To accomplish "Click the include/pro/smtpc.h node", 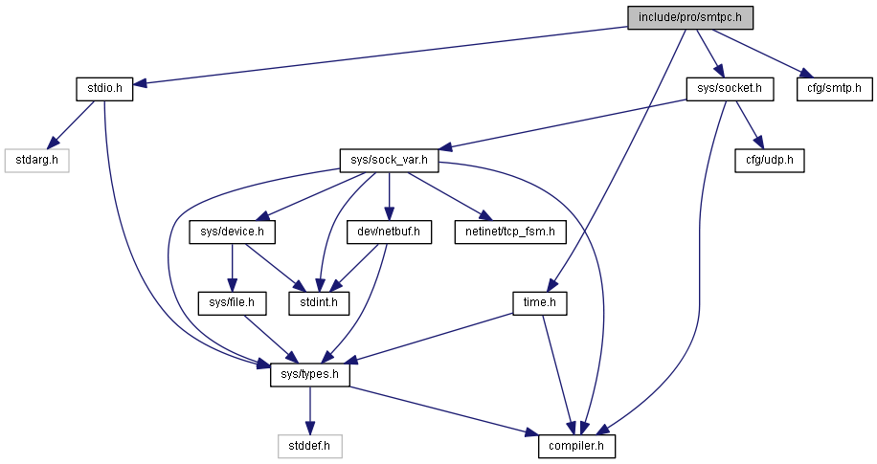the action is coord(690,17).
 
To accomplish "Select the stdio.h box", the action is coord(104,89).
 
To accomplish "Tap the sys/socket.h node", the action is coord(730,89).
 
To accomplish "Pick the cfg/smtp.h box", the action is coord(834,89).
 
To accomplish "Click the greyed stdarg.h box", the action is coord(37,161).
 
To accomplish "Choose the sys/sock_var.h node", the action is coord(390,161).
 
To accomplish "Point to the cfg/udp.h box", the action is coord(770,161).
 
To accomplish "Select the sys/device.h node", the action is coord(232,232).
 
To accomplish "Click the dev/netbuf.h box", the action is coord(389,232).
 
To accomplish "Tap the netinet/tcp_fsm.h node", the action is coord(510,232).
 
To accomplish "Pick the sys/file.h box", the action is coord(232,303).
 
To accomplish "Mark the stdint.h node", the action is coord(319,303).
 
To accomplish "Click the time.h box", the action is coord(540,303).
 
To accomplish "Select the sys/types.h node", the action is coord(310,375).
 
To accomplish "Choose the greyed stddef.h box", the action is coord(310,446).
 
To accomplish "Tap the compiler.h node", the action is coord(576,446).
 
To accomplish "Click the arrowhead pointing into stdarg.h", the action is coord(56,142).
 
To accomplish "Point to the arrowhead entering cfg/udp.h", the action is coord(758,143).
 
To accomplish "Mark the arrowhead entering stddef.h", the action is coord(310,428).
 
